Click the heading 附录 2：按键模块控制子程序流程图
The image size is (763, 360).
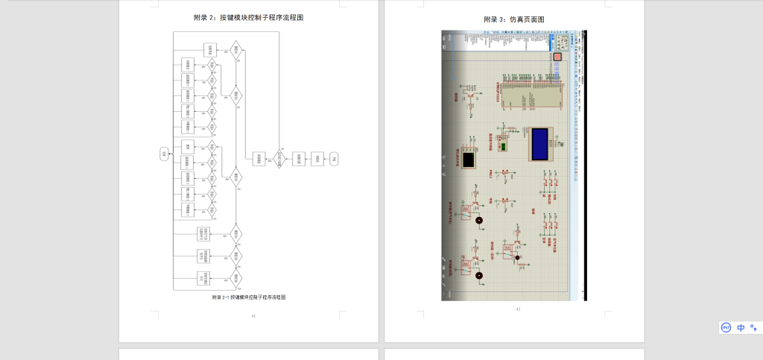coord(248,18)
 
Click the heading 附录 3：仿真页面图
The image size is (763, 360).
coord(513,19)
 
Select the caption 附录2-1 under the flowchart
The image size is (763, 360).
coord(248,297)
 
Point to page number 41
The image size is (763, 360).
coord(253,316)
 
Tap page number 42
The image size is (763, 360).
coord(518,308)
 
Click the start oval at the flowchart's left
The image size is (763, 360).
coord(164,154)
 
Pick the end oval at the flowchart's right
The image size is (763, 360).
coord(335,158)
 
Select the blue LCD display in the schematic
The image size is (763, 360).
coord(541,143)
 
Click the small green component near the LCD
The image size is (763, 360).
coord(504,147)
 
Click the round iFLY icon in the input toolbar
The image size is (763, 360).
coord(726,327)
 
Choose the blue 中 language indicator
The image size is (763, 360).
coord(741,327)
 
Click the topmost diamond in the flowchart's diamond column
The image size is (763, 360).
coord(235,49)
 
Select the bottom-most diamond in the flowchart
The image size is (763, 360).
coord(235,278)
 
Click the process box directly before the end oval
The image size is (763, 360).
coord(317,158)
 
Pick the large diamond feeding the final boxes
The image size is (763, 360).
coord(280,158)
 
